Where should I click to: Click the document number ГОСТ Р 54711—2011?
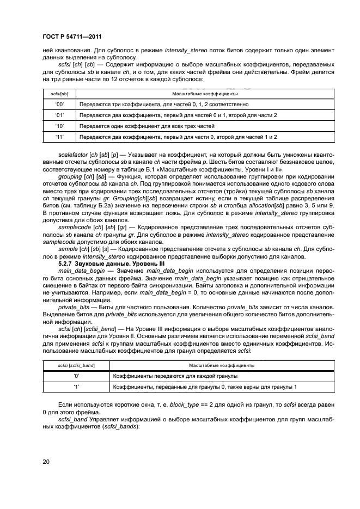click(x=72, y=36)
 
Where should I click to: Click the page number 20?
click(x=46, y=462)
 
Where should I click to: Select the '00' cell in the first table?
click(x=60, y=103)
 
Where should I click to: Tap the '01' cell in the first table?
click(x=60, y=115)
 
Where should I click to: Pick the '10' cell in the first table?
click(x=60, y=126)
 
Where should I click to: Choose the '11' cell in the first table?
click(x=60, y=137)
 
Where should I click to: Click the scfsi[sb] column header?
click(x=60, y=93)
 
